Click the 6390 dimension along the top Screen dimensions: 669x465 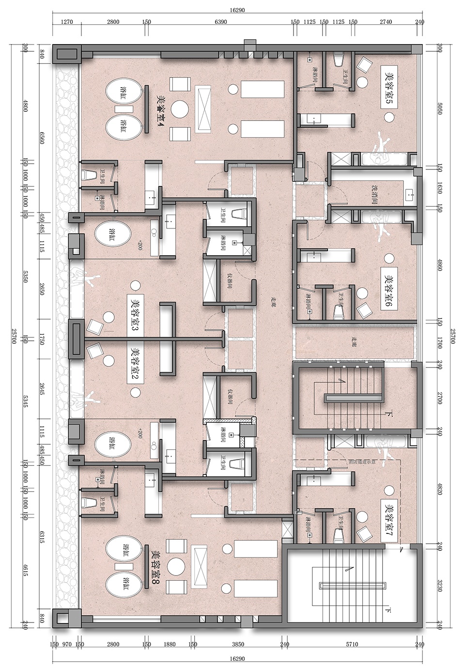(x=220, y=22)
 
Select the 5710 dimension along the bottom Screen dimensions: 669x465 (x=352, y=644)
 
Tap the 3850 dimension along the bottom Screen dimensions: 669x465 (x=238, y=644)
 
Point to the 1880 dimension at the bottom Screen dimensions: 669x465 (x=170, y=644)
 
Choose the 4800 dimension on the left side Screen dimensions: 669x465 (x=26, y=106)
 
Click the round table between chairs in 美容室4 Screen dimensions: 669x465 (x=182, y=108)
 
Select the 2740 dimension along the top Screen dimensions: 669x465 (x=386, y=22)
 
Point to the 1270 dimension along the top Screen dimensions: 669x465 (x=67, y=22)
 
